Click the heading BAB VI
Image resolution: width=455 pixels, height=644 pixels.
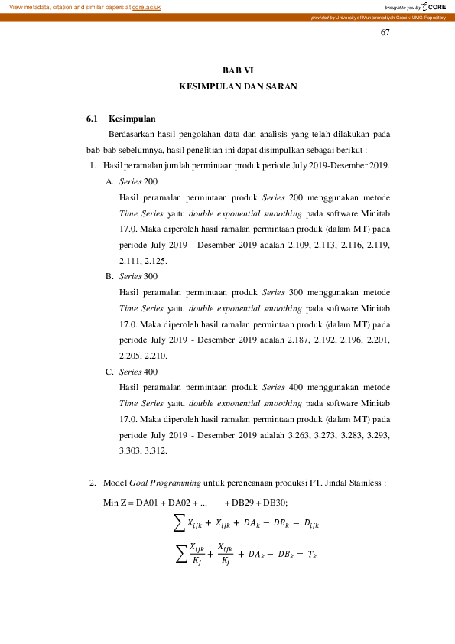(237, 70)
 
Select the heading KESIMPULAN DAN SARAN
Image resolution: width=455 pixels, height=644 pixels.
(238, 87)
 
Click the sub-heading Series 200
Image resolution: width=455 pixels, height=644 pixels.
(138, 181)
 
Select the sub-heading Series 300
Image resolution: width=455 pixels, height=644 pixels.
(138, 276)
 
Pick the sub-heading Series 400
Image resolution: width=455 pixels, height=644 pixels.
(138, 372)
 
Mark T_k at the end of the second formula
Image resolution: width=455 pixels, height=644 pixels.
(310, 553)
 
